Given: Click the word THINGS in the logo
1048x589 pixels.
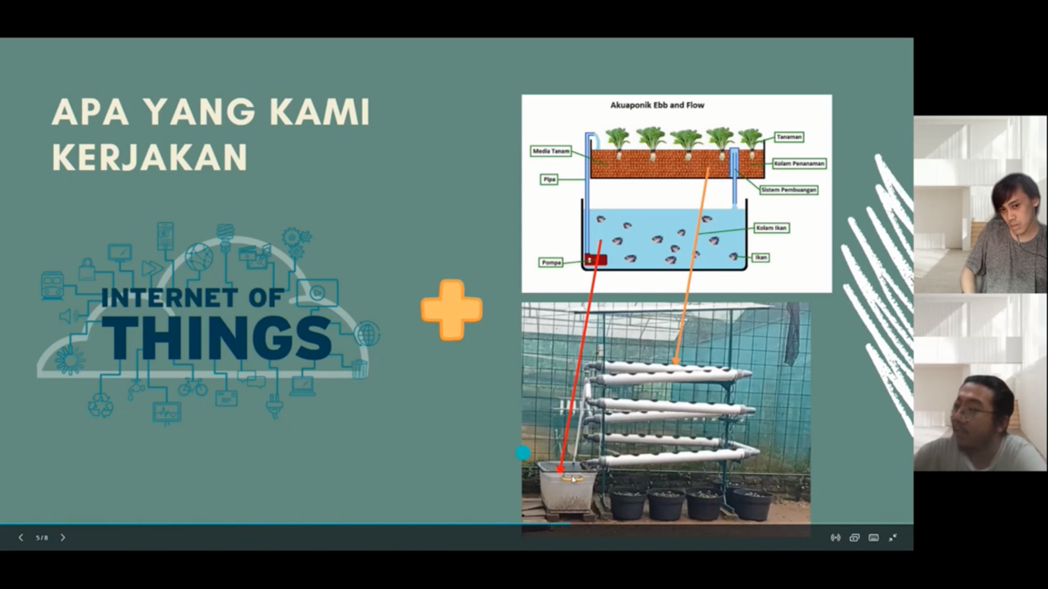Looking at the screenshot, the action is click(x=217, y=339).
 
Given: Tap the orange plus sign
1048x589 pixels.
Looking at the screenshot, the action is click(x=451, y=310).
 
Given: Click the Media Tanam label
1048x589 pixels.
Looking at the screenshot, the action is click(x=551, y=151).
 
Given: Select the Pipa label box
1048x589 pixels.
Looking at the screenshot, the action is click(x=549, y=179).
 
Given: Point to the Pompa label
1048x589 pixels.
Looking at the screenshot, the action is click(x=551, y=263).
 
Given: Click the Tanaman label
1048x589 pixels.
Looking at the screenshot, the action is click(x=789, y=137).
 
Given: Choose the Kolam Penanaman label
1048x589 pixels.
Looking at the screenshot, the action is click(x=799, y=163).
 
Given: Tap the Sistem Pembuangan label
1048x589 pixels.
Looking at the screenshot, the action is click(x=788, y=190).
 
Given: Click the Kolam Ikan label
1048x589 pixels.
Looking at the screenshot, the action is click(x=771, y=228).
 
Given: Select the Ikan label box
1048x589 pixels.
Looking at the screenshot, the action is click(x=761, y=257).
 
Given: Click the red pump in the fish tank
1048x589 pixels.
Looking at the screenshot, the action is click(x=596, y=260).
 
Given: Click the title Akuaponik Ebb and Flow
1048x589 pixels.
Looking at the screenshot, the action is click(x=657, y=106).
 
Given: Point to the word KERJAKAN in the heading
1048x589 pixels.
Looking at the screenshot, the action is click(x=149, y=157).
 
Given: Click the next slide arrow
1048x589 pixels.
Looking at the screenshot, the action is click(x=62, y=537).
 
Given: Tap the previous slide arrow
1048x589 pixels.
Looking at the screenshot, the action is click(x=21, y=537).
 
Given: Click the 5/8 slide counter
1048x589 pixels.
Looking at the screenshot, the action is click(x=42, y=537).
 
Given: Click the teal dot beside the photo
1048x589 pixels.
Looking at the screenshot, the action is click(x=523, y=452).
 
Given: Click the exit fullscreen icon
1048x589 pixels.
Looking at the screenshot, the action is click(x=893, y=537).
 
